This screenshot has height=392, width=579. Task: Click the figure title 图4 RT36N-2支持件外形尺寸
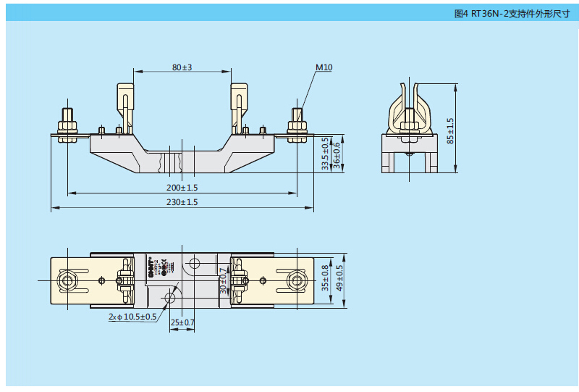tap(521, 13)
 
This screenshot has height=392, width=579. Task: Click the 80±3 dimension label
tap(182, 67)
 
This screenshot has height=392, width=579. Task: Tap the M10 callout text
tap(324, 67)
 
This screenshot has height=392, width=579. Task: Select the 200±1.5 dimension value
tap(182, 187)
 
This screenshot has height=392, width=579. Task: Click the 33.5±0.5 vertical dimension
tap(325, 154)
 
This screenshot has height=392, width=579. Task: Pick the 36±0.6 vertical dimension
tap(336, 154)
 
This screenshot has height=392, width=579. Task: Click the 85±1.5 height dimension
tap(449, 130)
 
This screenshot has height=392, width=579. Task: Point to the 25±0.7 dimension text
tap(182, 321)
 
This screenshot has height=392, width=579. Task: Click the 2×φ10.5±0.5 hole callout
tap(132, 317)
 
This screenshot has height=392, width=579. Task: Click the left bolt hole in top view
tap(67, 280)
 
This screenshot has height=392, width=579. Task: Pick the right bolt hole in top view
tap(296, 280)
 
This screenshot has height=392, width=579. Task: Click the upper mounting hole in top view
tap(193, 263)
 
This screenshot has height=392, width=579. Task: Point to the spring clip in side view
tap(410, 109)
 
